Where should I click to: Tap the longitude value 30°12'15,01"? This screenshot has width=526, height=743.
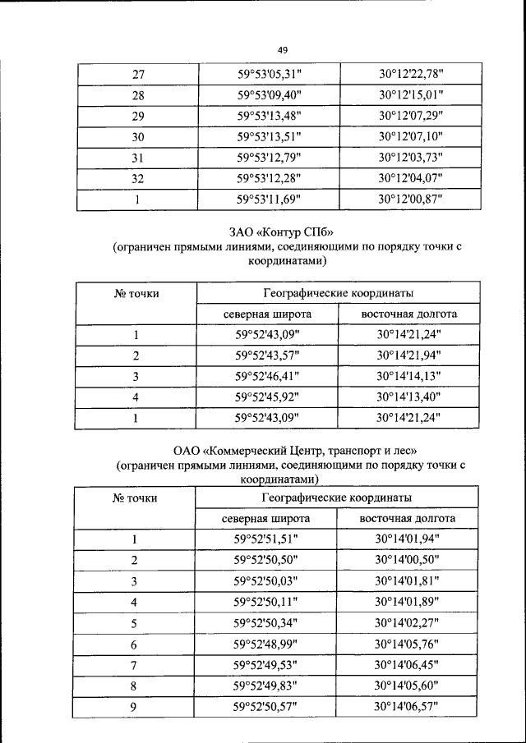(411, 95)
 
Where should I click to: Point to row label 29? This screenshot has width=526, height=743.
(137, 116)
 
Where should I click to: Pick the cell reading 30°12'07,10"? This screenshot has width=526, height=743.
(411, 136)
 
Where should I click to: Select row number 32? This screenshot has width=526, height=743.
(137, 178)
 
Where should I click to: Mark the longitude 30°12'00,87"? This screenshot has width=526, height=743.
(411, 199)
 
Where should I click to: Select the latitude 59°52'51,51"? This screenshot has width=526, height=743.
(266, 539)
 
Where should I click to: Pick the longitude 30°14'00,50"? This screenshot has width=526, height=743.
(408, 560)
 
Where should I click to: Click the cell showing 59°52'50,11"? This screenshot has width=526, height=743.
(266, 602)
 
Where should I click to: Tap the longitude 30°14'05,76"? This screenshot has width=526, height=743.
(408, 644)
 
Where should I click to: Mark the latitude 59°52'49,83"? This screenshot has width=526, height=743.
(266, 686)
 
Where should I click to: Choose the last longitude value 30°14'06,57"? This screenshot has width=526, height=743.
(408, 706)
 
